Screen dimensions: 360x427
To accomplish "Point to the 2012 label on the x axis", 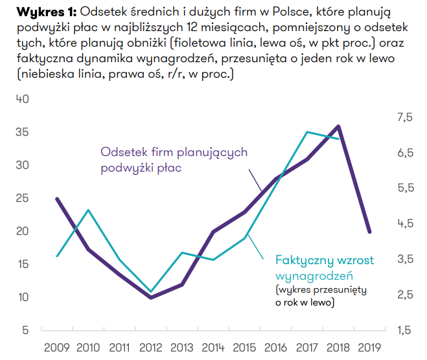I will pos(150,347).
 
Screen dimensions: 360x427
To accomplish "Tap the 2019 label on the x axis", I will pos(369,347).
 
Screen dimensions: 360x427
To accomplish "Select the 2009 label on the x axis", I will pos(57,347).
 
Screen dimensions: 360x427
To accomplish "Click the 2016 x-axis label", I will pos(276,347).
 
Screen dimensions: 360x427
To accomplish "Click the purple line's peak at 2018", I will pos(338,126).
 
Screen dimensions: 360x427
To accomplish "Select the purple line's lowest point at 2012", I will pos(151,297).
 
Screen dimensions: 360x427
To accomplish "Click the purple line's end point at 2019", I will pos(369,231).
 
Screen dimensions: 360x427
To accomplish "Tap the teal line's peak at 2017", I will pos(307,132).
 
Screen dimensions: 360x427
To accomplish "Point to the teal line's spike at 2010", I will pos(88,210).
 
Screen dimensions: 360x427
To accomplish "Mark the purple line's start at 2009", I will pos(57,199).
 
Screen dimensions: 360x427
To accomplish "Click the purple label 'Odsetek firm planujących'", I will pos(174,152).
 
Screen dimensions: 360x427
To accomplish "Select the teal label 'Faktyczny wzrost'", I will pos(324,260).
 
